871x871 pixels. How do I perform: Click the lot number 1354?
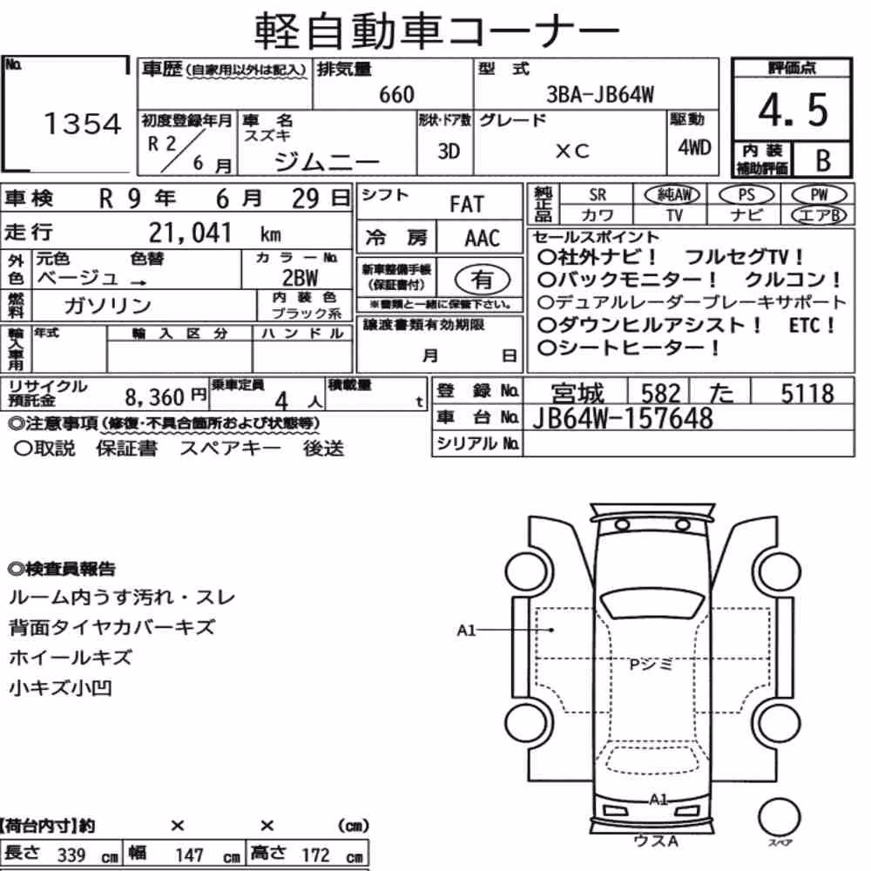82,124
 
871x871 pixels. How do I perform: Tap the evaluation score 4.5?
793,110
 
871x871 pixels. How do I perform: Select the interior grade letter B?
823,160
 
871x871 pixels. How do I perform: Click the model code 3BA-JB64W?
600,94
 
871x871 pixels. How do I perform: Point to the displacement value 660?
396,94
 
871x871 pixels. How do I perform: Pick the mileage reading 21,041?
189,233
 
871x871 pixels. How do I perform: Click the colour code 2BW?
300,277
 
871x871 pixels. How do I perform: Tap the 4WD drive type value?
694,147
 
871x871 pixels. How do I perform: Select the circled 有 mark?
483,280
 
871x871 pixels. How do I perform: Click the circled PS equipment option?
746,195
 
